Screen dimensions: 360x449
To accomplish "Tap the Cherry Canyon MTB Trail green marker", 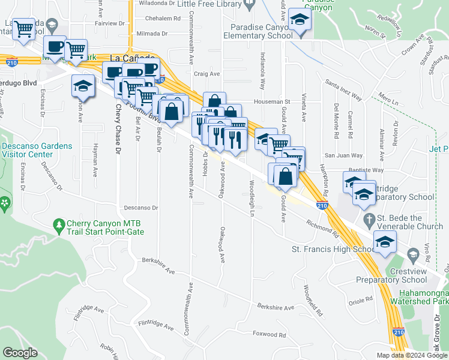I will click(x=59, y=226).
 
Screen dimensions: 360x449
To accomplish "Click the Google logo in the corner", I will click(x=20, y=353).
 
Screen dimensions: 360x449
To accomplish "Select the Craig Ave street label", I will click(x=207, y=74).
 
